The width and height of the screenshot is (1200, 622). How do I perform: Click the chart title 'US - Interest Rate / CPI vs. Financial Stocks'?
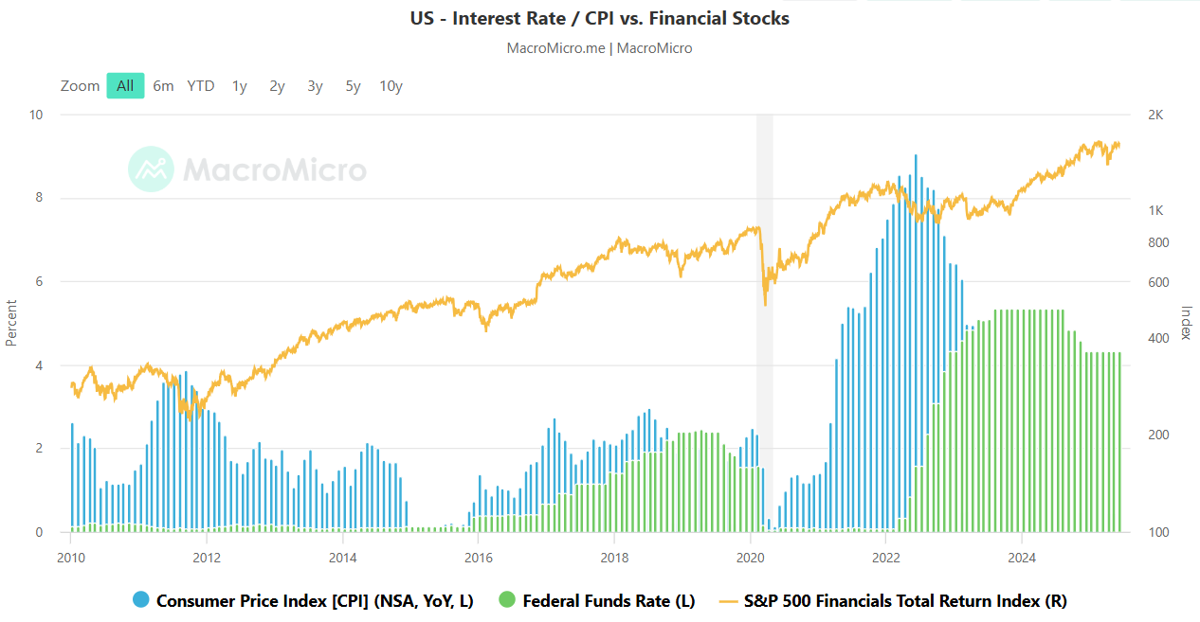(x=599, y=18)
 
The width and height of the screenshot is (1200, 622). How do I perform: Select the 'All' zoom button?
(x=125, y=86)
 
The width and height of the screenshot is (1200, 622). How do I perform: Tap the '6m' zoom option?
(x=163, y=86)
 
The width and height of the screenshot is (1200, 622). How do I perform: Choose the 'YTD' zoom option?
(x=201, y=86)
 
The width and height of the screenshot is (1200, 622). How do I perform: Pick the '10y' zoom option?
(x=391, y=86)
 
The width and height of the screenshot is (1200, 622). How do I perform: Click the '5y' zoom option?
(x=353, y=86)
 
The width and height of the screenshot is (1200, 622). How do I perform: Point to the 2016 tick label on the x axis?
(x=478, y=556)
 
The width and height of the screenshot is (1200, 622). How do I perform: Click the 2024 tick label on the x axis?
(x=1022, y=556)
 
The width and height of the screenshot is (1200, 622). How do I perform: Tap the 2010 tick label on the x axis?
(x=70, y=556)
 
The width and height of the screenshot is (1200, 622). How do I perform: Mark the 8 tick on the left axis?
(x=38, y=198)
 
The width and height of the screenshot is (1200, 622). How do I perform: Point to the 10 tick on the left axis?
(x=37, y=115)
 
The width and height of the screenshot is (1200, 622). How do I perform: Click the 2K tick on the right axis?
(x=1155, y=115)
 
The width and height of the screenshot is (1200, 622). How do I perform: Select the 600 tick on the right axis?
(x=1157, y=282)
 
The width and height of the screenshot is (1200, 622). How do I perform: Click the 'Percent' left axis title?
(x=11, y=323)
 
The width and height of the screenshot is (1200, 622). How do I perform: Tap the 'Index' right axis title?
(x=1185, y=323)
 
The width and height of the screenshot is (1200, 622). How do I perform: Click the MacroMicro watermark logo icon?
(x=151, y=169)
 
